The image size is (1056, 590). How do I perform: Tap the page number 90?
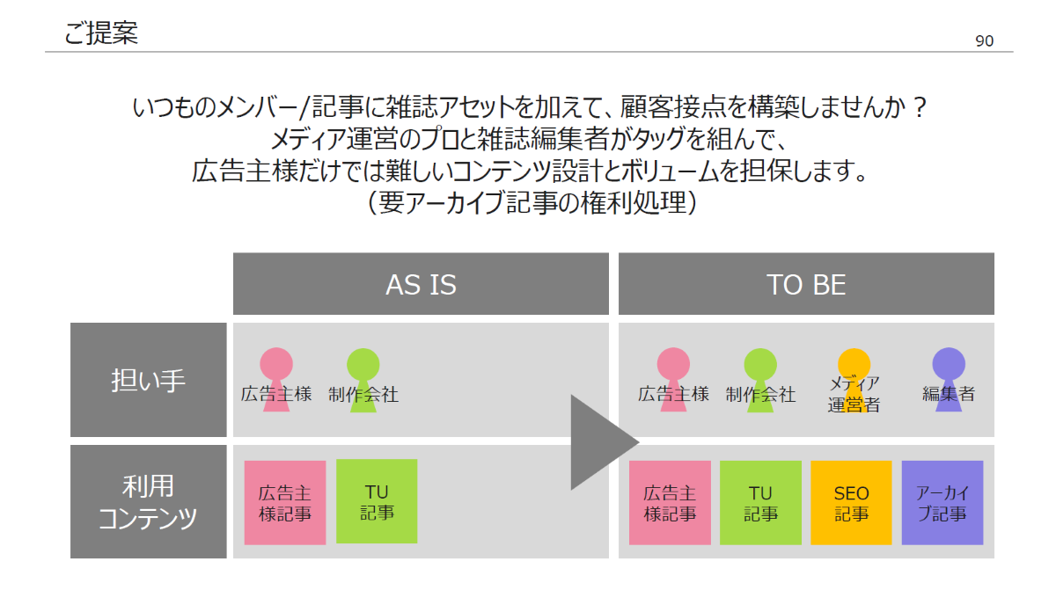tap(984, 41)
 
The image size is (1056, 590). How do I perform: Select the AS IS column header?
tap(421, 284)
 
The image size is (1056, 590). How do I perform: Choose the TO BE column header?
tap(806, 284)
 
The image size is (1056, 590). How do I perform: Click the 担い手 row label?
tap(148, 380)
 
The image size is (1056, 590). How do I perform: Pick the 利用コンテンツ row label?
tap(148, 502)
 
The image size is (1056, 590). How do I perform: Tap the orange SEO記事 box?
tap(851, 503)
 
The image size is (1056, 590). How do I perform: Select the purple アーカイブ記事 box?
tap(942, 503)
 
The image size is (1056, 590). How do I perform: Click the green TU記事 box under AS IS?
tap(377, 501)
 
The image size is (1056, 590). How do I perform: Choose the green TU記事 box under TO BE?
tap(760, 503)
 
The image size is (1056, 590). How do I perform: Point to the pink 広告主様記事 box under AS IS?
tap(285, 503)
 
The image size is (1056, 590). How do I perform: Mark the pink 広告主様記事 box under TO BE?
tap(670, 503)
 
